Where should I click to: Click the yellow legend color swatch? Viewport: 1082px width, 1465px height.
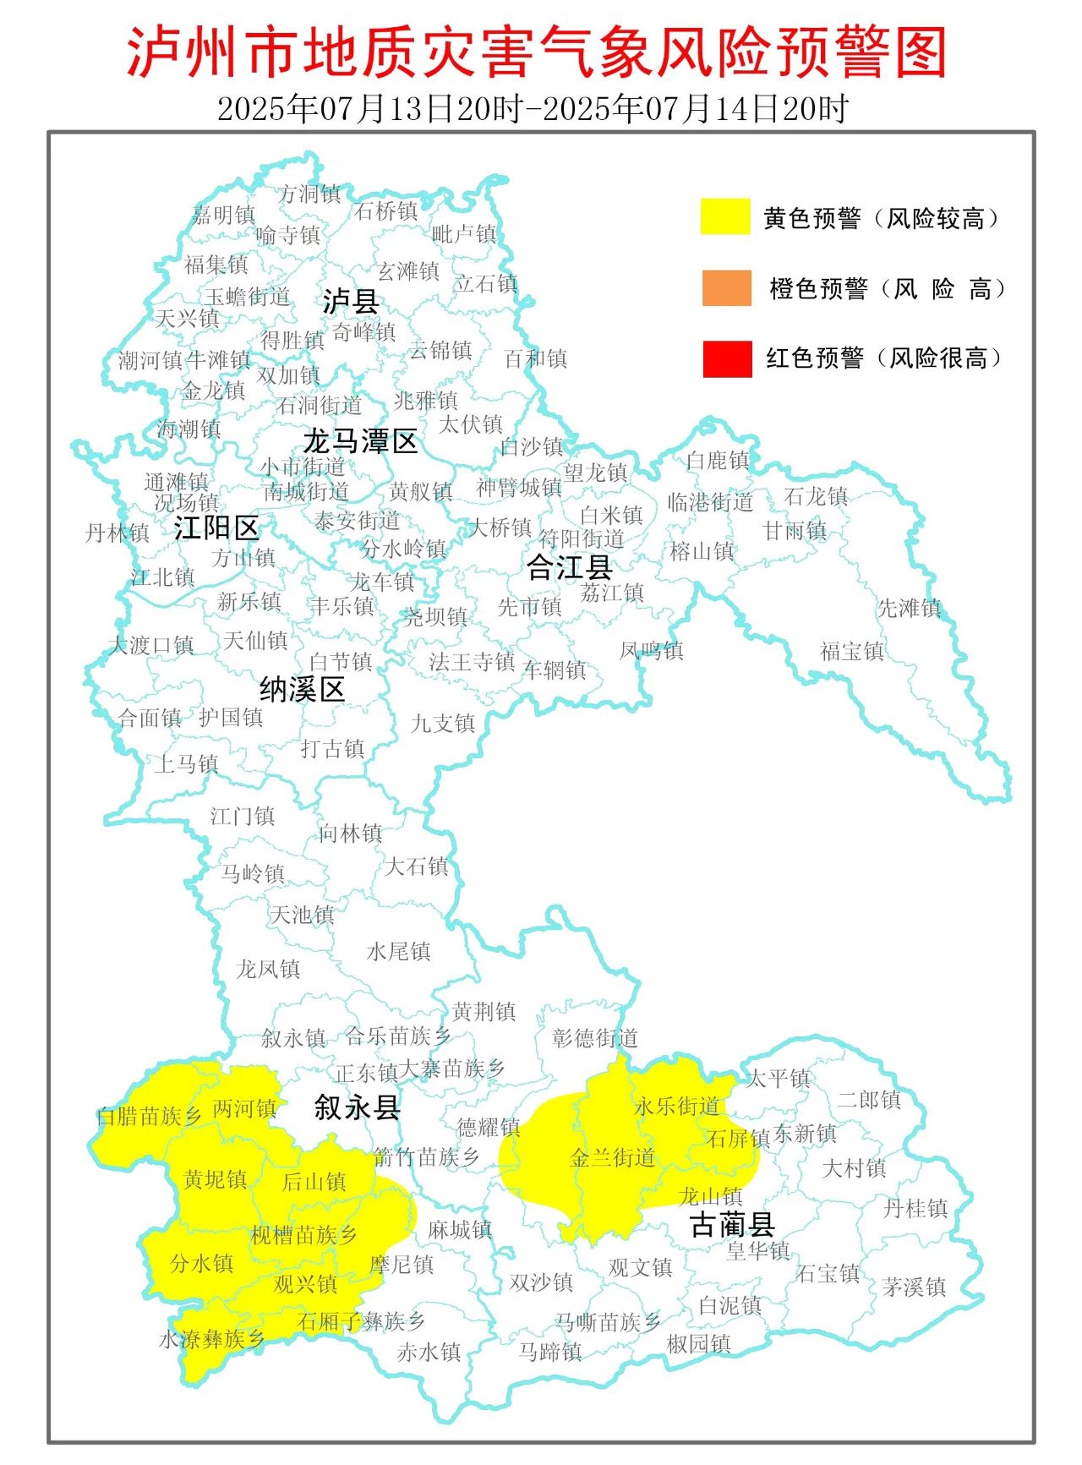pos(725,216)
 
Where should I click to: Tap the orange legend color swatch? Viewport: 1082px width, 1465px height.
pos(726,287)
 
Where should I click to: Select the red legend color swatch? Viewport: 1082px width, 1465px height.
pos(726,358)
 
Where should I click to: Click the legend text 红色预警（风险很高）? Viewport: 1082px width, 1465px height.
pos(884,358)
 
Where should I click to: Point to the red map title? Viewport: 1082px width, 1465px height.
pos(538,52)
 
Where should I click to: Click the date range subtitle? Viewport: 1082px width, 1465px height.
pos(533,108)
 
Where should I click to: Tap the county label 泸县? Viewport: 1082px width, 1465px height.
pos(350,301)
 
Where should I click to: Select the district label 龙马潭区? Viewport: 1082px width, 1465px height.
pos(361,440)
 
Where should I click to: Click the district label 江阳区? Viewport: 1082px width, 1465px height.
pos(216,528)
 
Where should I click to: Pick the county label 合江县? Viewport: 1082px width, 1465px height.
pos(569,567)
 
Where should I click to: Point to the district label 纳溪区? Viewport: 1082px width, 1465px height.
pos(302,690)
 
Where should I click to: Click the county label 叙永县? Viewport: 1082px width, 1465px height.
pos(357,1107)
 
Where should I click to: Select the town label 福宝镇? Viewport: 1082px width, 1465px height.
pos(852,651)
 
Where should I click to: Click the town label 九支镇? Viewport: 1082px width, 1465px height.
pos(443,724)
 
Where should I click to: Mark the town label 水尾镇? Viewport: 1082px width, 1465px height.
pos(399,952)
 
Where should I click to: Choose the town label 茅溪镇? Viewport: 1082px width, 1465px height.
pos(914,1287)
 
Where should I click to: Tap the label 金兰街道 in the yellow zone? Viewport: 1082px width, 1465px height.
pos(613,1157)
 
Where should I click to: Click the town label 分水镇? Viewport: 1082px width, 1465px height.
pos(201,1263)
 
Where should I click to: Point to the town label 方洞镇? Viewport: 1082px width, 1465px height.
pos(310,194)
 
